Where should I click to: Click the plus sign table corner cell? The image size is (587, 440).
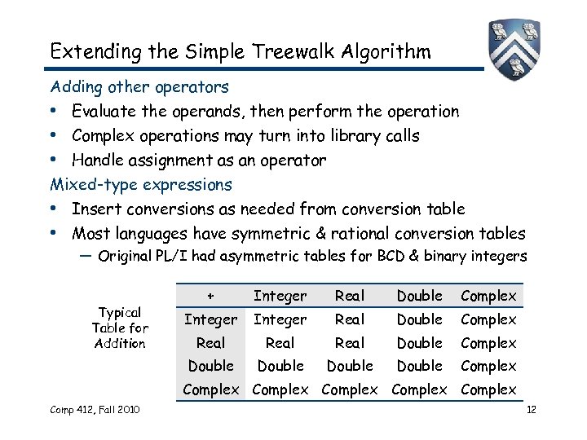click(x=211, y=296)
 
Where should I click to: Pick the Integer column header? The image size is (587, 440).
click(x=280, y=296)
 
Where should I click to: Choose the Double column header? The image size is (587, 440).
click(x=419, y=296)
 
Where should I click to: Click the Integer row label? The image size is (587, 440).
click(x=211, y=319)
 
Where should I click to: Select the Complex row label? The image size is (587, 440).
click(x=211, y=389)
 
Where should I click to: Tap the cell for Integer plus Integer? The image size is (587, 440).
click(x=280, y=319)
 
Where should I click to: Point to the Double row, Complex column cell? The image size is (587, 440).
click(x=488, y=366)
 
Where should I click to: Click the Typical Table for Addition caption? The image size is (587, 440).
click(x=120, y=328)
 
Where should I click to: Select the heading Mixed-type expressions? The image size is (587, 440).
click(x=141, y=185)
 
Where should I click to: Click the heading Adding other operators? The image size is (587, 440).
click(x=139, y=86)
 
